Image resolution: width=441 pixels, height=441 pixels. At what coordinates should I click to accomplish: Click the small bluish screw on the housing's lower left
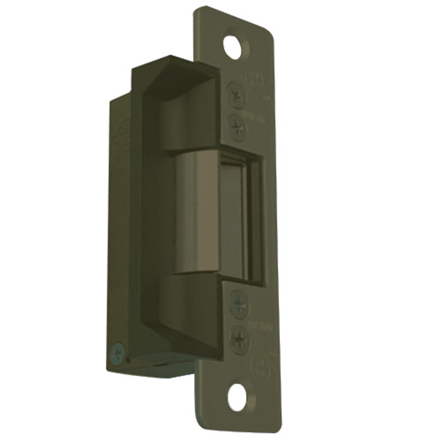point(117,349)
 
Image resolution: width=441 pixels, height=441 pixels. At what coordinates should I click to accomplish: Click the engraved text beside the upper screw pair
point(257,111)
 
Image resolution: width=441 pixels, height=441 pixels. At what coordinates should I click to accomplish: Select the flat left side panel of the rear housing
point(119,224)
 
